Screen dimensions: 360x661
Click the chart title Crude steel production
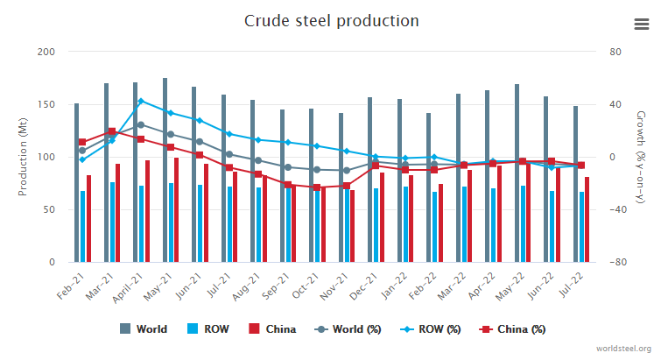(331, 20)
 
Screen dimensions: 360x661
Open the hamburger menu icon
(641, 24)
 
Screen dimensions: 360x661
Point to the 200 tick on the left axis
(46, 52)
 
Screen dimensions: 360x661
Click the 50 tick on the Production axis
(49, 209)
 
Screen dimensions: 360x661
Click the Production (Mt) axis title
(22, 157)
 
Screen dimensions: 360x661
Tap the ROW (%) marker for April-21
(140, 101)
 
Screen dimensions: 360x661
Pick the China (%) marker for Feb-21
(82, 142)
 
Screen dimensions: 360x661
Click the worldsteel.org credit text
(624, 349)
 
